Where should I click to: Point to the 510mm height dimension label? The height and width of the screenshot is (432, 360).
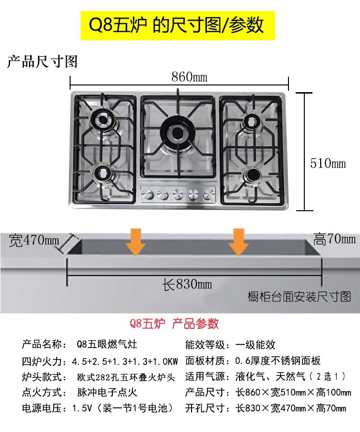point(328,163)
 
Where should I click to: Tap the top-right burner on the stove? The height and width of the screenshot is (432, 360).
point(250,121)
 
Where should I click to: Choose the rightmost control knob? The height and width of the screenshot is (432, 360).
point(208,194)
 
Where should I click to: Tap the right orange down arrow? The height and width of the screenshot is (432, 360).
point(238,242)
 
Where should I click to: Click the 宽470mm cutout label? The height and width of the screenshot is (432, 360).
point(34,240)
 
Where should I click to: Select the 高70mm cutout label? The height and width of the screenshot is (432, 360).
point(335,239)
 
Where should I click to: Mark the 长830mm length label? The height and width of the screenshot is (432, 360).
point(187,284)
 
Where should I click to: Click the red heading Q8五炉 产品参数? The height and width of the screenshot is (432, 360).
point(171,323)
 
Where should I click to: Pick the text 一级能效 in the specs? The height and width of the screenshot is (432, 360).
point(255,344)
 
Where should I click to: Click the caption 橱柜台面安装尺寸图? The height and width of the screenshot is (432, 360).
point(300,297)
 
